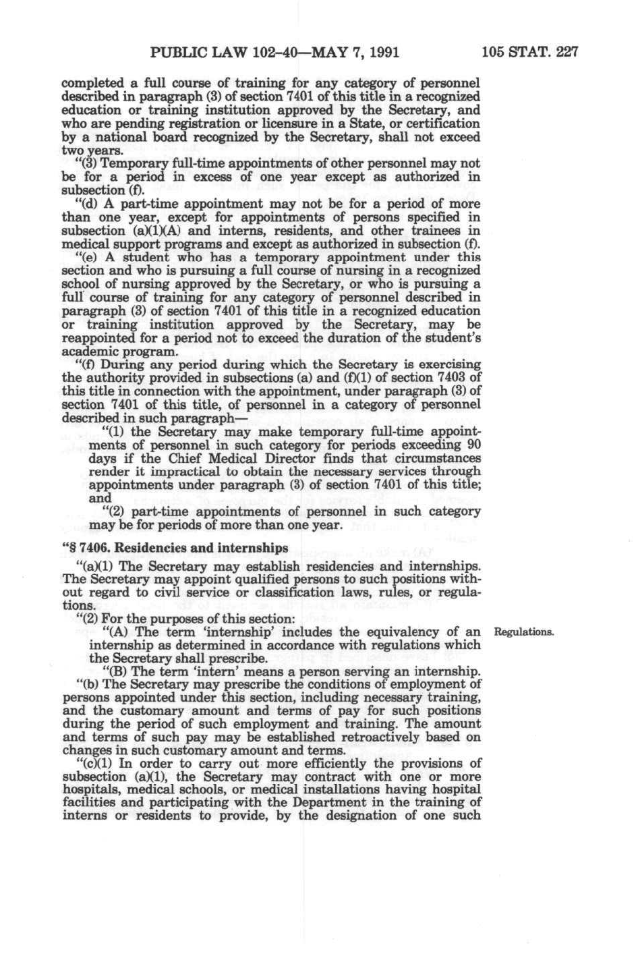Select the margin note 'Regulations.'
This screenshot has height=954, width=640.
pos(524,632)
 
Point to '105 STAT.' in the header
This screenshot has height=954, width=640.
pos(517,52)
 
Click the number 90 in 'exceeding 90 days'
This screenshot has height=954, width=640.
pos(473,445)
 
